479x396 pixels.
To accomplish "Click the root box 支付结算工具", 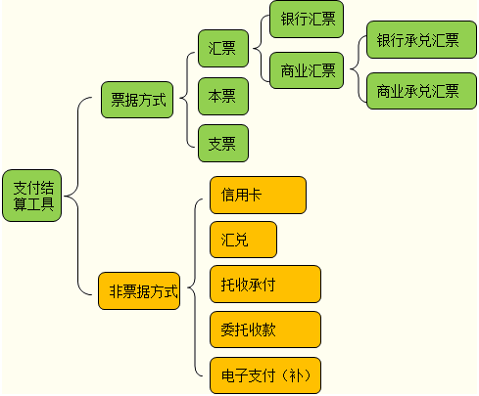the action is (32, 196).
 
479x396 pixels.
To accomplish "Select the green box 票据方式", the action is (137, 100).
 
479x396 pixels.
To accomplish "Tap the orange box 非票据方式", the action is (139, 291).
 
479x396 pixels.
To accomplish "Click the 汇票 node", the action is (223, 49).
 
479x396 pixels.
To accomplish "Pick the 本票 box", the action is (223, 96).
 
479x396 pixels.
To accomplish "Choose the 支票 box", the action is (223, 143).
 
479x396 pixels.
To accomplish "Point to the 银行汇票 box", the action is (307, 20).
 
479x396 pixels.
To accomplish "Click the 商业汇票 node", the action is (307, 70).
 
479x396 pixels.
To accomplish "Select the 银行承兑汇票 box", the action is (421, 40).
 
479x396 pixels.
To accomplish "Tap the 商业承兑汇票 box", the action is (421, 91).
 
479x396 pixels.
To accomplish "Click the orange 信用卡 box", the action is (258, 196).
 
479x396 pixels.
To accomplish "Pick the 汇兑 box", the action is (243, 240).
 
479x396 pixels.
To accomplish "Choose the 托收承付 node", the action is (265, 285).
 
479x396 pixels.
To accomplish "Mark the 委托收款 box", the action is (265, 330).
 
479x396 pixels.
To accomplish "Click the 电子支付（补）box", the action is (265, 375).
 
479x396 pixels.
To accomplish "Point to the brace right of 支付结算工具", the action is (77, 196).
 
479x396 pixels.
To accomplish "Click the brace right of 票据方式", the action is (187, 98).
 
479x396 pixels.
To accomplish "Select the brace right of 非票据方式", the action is (195, 287).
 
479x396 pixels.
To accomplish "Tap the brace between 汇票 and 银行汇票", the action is (261, 49).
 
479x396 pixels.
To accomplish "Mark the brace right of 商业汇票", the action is (359, 69).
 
